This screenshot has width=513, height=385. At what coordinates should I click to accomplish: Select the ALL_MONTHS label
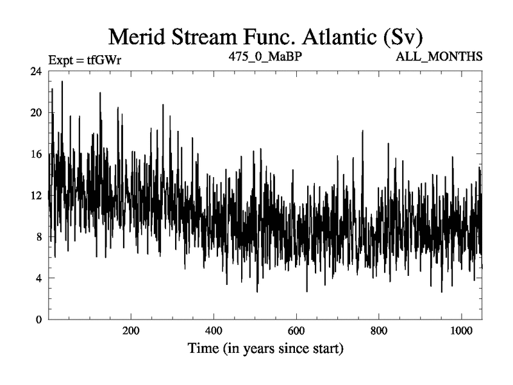440,56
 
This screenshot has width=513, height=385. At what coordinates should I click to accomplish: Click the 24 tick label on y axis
36,72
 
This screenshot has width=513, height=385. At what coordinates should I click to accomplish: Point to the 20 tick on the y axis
36,113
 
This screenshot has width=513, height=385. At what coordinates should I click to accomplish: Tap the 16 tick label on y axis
36,154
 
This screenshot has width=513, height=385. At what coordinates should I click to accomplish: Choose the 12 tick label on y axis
36,195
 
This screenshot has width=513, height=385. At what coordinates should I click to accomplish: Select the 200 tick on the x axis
131,332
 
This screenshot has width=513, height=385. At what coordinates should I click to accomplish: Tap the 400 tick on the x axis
214,332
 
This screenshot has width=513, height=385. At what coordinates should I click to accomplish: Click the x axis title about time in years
265,350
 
